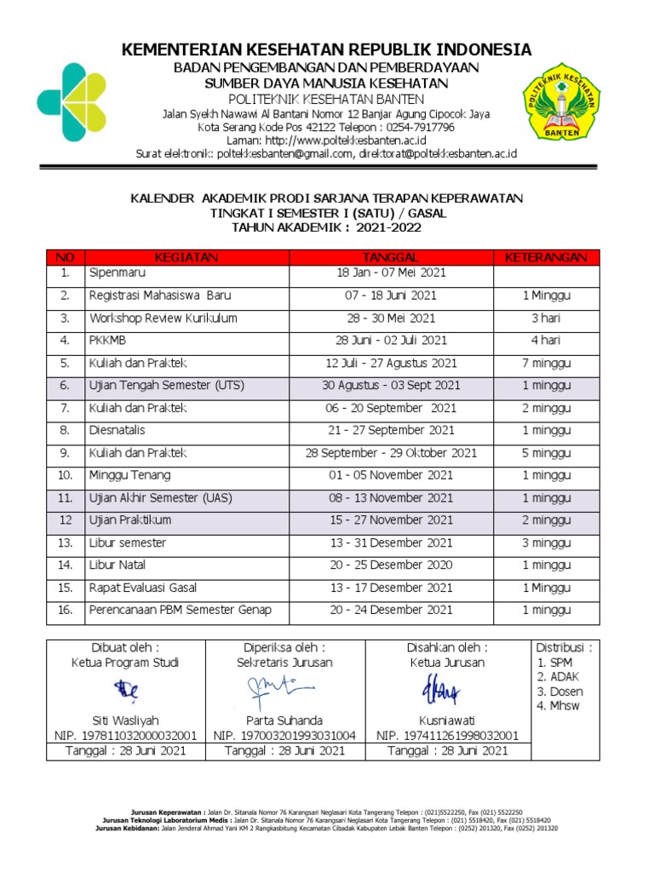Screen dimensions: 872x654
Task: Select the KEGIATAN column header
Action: coord(186,257)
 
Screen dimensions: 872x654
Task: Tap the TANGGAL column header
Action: coord(391,257)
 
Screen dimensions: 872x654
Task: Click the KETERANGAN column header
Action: coord(546,257)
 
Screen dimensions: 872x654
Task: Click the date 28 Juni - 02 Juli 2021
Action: coord(391,341)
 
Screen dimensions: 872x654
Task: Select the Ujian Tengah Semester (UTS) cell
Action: coord(166,386)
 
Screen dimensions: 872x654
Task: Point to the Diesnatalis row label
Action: coord(117,431)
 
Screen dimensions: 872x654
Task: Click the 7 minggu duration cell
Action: coord(546,363)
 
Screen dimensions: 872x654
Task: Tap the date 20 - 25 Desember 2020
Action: coord(391,565)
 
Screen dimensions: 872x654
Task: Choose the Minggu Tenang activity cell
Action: coord(129,475)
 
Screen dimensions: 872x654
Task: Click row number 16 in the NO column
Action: coord(64,610)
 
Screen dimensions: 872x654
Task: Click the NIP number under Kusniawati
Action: coord(447,735)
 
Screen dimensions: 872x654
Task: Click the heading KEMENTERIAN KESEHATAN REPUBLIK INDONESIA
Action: coord(327,49)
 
